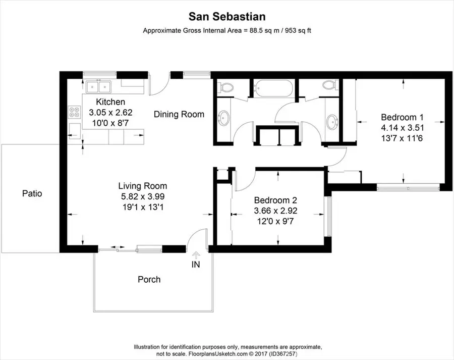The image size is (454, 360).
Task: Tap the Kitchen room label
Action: pyautogui.click(x=110, y=102)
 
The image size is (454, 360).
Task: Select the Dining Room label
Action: pyautogui.click(x=179, y=114)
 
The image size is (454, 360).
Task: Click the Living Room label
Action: pyautogui.click(x=143, y=186)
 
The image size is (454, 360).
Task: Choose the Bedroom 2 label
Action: pyautogui.click(x=274, y=199)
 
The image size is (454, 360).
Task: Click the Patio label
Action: pyautogui.click(x=32, y=193)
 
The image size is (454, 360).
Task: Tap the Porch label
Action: pyautogui.click(x=149, y=279)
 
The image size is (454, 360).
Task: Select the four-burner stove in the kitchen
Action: pyautogui.click(x=74, y=112)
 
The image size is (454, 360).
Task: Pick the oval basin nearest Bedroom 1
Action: pyautogui.click(x=332, y=121)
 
